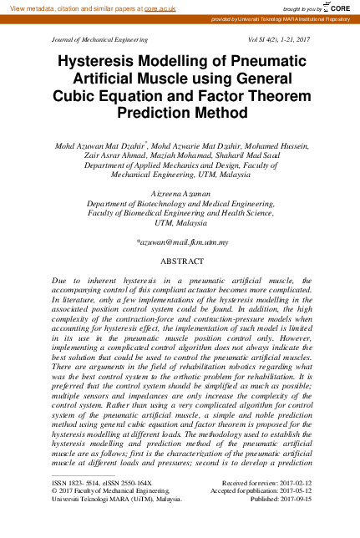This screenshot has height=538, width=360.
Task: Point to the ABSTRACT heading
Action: (181, 261)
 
